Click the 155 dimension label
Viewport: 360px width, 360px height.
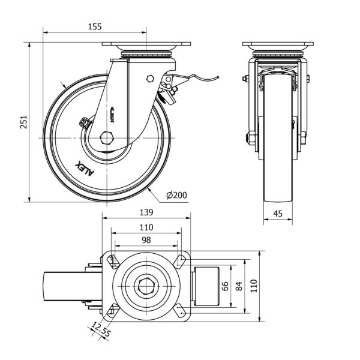[94, 26]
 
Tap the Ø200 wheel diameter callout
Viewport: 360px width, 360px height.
[175, 195]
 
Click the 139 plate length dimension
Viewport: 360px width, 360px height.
[146, 212]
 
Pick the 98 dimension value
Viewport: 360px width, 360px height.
[146, 239]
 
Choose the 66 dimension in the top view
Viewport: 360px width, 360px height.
[226, 287]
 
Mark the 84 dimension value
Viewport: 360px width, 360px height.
[239, 287]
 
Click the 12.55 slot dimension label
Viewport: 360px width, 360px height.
[100, 329]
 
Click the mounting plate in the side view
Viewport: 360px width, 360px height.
[146, 45]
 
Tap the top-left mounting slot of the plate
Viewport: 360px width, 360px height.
[112, 260]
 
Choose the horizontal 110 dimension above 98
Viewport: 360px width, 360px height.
[146, 227]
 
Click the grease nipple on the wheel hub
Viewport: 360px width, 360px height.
[85, 122]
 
